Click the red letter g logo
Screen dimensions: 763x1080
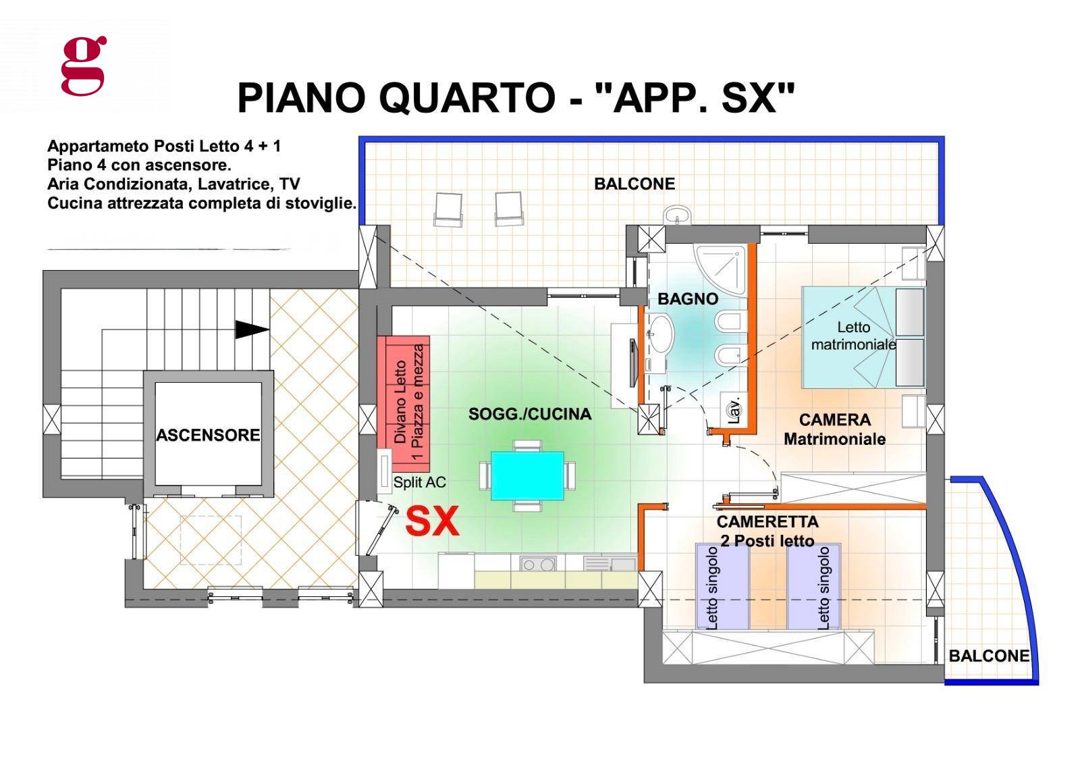[x=84, y=65]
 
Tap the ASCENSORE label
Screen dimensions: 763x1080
[x=208, y=436]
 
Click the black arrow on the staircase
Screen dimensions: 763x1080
[x=251, y=330]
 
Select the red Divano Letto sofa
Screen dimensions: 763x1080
[x=403, y=403]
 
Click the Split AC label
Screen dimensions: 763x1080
[x=419, y=482]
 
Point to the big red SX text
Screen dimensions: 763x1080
[x=432, y=522]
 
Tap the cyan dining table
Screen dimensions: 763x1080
[x=528, y=476]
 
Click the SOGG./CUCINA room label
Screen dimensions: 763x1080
[x=529, y=414]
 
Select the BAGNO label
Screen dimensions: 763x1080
[x=688, y=299]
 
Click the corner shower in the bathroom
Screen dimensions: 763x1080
[x=720, y=270]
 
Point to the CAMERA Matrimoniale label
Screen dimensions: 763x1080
[x=834, y=429]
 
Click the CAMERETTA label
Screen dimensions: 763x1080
[x=767, y=522]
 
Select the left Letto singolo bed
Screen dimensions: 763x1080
[x=722, y=586]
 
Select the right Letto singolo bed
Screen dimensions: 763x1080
[x=813, y=586]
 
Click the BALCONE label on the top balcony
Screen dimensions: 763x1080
[x=634, y=184]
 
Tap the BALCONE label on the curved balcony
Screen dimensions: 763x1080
[x=988, y=656]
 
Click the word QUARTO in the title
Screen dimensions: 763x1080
[x=466, y=98]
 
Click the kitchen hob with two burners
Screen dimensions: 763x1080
[x=537, y=564]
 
